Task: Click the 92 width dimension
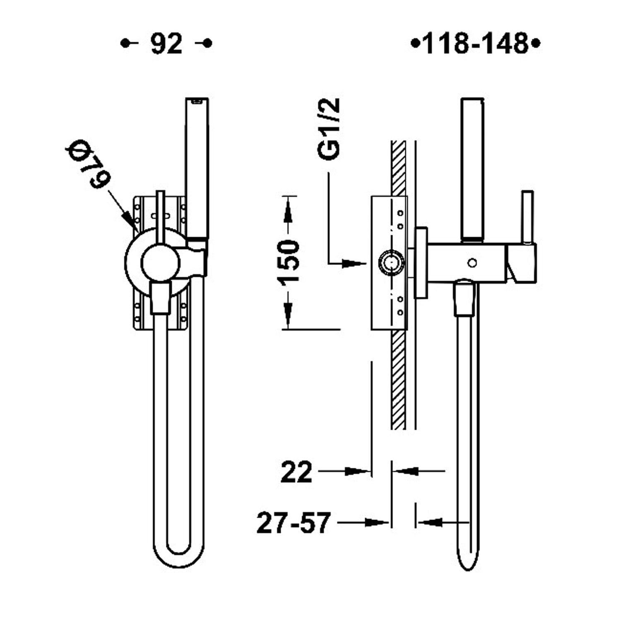click(x=166, y=43)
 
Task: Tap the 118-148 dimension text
click(x=476, y=43)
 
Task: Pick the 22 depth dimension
click(x=296, y=472)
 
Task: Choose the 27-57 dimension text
click(x=294, y=523)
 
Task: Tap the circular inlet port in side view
click(x=391, y=262)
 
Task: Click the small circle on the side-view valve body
click(x=472, y=262)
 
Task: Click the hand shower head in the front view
click(x=197, y=168)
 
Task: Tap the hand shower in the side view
click(x=472, y=169)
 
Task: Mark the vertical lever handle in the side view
click(x=527, y=217)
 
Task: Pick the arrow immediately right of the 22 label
click(x=344, y=471)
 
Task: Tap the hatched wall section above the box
click(x=398, y=168)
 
